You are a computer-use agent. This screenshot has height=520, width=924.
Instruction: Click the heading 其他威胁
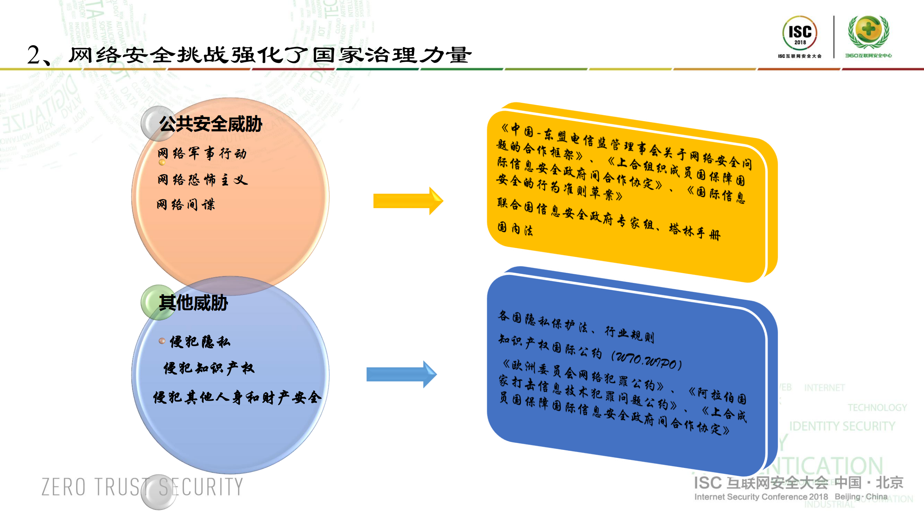coord(194,303)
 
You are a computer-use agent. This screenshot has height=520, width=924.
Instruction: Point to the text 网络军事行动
coord(202,154)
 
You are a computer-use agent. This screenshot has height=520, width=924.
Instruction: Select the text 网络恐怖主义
coord(203,180)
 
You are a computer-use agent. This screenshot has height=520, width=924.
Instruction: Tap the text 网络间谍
coord(186,205)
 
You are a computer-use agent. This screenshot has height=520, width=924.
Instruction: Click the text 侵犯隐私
coord(200,341)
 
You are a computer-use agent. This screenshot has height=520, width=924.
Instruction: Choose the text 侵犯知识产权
coord(209,369)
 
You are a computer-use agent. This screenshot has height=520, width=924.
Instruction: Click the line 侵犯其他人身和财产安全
coord(237,397)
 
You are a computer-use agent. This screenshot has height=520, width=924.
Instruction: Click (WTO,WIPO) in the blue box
coord(646,361)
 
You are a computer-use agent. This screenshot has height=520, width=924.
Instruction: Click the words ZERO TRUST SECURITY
coord(142,487)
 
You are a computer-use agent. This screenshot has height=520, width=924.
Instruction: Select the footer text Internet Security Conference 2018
coord(761,497)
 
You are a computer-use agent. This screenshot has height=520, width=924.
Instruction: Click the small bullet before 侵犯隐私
coord(162,341)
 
